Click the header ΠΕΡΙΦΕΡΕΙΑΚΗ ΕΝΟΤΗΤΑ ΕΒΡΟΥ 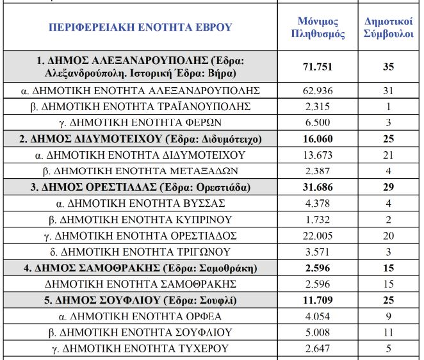point(140,28)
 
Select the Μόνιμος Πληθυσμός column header point(318,28)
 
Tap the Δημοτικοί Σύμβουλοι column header point(388,28)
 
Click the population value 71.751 point(318,67)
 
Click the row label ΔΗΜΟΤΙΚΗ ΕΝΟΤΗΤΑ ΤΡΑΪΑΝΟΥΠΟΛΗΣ point(140,106)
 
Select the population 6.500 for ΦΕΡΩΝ point(318,122)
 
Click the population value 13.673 point(318,155)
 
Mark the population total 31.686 point(318,188)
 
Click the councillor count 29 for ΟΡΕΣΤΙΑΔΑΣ point(388,188)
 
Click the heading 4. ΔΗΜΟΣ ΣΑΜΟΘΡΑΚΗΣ point(140,267)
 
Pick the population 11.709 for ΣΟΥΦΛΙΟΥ point(318,299)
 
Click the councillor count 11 point(388,332)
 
